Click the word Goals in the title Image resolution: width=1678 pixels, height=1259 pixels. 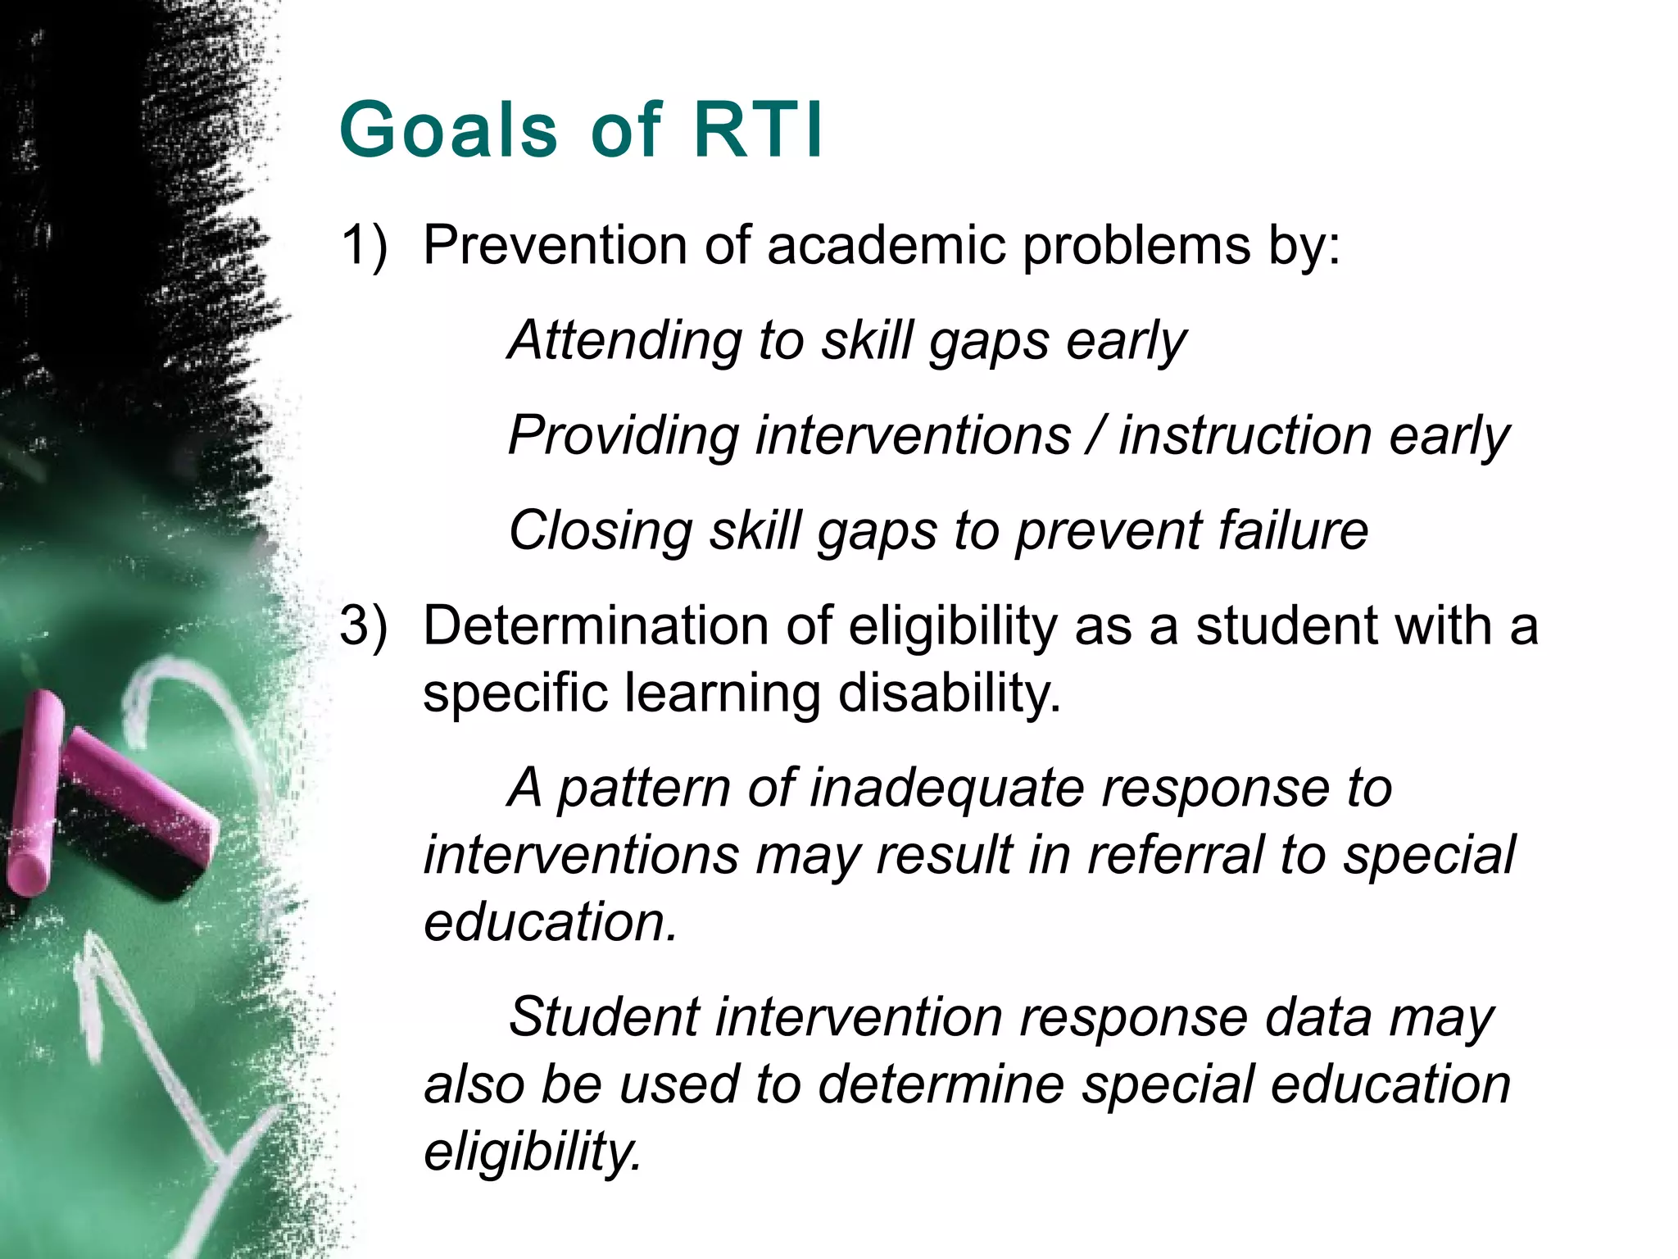coord(449,130)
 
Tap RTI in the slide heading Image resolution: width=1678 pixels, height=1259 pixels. coord(758,130)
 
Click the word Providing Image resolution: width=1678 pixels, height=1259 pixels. coord(624,435)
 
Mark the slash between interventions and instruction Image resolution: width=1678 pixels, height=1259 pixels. coord(1095,435)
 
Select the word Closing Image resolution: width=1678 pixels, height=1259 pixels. coord(600,530)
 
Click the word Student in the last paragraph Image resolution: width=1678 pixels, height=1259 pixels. coord(604,1017)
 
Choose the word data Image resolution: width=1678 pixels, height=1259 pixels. coord(1317,1017)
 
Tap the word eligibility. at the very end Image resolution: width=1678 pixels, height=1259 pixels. coord(533,1152)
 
